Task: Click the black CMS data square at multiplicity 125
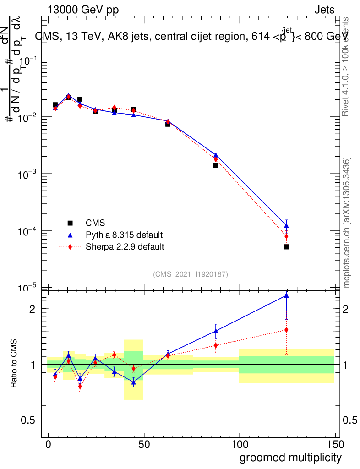point(286,247)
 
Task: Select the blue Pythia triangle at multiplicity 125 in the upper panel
point(286,226)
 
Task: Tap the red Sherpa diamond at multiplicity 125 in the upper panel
point(286,236)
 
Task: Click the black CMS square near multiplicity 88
point(216,165)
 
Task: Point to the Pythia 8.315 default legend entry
point(124,235)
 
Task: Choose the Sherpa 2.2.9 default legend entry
point(125,247)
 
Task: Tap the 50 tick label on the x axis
point(144,444)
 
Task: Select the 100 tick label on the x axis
point(239,444)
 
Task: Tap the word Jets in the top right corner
point(324,10)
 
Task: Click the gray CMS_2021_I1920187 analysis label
point(191,274)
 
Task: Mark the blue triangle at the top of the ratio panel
point(286,296)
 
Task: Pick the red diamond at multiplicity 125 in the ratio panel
point(286,330)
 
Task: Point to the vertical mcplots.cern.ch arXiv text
point(347,223)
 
